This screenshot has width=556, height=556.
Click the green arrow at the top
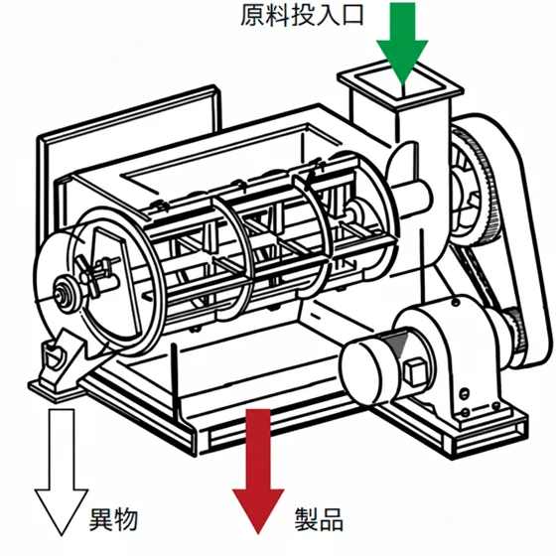[401, 45]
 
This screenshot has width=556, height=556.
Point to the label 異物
[112, 518]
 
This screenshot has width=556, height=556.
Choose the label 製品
[319, 518]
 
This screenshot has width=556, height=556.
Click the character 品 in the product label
[332, 518]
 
